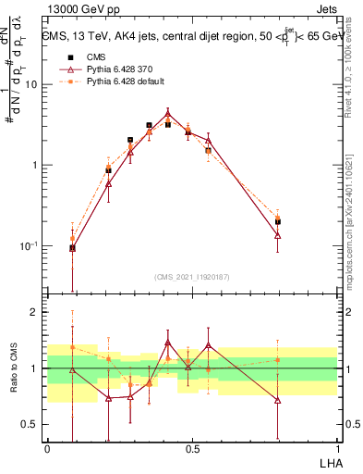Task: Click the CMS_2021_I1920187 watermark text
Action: point(192,277)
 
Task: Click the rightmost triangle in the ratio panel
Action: point(278,400)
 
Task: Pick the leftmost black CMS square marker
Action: point(73,247)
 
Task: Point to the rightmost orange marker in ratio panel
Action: point(278,360)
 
